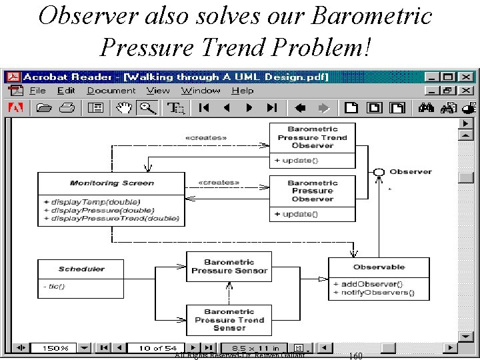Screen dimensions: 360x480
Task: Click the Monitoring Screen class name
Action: coord(111,183)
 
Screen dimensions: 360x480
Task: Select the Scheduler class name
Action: coord(81,269)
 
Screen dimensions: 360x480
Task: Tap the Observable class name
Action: coord(379,267)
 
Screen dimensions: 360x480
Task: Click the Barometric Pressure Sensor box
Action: coord(229,267)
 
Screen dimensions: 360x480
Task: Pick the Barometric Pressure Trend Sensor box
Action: coord(229,320)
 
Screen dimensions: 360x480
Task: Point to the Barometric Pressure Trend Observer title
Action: coord(312,137)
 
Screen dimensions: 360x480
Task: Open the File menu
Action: coord(37,91)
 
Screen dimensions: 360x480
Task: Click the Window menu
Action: coord(201,91)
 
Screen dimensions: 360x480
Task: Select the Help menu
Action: coord(243,91)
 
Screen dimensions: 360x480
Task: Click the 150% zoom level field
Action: coord(55,348)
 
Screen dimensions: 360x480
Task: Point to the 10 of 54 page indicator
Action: coord(158,348)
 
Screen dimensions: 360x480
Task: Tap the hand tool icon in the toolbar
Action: coord(124,107)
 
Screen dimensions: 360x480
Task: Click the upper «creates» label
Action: coord(205,138)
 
